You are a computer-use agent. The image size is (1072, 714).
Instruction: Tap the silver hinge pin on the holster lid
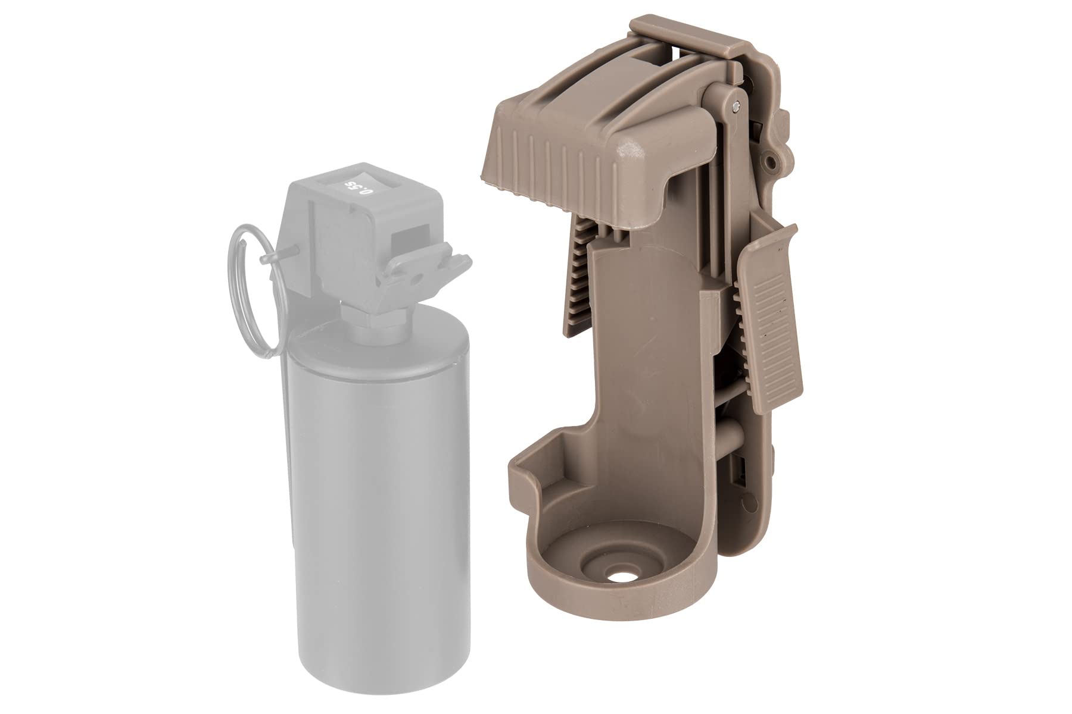coord(738,107)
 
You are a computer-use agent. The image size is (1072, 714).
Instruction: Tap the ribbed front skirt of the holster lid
coord(548,167)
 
